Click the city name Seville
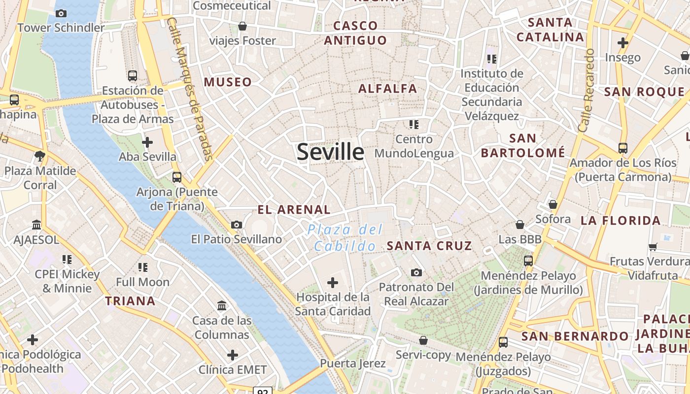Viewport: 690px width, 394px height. [x=330, y=152]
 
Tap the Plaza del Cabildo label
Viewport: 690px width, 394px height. [x=345, y=237]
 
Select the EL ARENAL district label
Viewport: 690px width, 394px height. [x=294, y=209]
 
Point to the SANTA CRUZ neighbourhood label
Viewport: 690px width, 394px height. [x=429, y=245]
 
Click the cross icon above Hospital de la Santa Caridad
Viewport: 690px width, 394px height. [x=333, y=282]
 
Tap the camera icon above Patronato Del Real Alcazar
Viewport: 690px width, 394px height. [x=416, y=272]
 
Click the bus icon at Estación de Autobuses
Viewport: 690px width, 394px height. [x=132, y=76]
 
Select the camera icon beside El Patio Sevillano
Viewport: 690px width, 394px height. [x=237, y=225]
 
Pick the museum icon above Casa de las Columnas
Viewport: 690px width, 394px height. [x=222, y=306]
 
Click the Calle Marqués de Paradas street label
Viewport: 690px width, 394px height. [x=190, y=89]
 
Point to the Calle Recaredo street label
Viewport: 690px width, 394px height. [x=586, y=90]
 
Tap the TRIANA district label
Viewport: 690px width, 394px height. [x=130, y=300]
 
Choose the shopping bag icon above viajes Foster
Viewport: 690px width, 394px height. [x=242, y=26]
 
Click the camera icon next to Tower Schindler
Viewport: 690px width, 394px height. [x=61, y=13]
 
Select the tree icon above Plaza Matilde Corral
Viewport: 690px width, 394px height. [x=40, y=156]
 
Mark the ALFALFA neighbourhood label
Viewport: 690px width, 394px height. [x=388, y=89]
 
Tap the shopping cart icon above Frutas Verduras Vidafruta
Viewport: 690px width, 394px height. [x=653, y=246]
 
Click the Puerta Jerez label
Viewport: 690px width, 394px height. [x=353, y=363]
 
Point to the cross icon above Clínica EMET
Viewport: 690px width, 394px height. [x=232, y=355]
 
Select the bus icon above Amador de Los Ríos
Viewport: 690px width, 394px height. [x=623, y=148]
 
